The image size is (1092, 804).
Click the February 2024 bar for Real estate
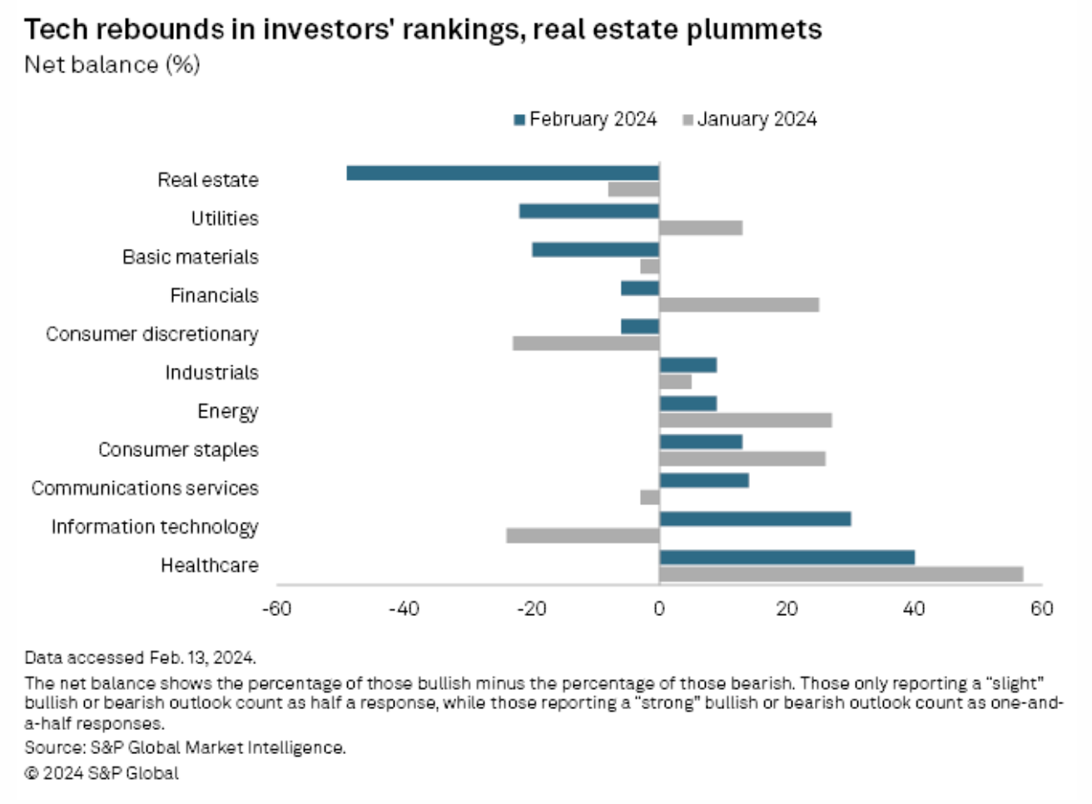503,173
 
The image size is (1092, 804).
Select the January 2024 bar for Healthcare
841,574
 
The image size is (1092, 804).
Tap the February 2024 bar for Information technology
755,519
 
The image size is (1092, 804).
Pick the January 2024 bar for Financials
739,305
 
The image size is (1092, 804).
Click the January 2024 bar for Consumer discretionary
586,343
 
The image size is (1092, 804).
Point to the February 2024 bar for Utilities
589,211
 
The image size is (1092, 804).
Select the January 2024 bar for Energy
746,420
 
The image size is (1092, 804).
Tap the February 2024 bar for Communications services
704,480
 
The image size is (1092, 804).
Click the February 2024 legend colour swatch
520,120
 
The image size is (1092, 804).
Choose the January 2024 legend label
757,119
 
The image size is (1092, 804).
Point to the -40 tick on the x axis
404,608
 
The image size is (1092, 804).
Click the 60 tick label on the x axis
1041,608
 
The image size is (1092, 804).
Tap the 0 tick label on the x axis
659,608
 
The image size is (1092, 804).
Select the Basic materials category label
191,256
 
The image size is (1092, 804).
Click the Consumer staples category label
178,449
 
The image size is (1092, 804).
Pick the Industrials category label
211,372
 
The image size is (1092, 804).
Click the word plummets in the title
755,30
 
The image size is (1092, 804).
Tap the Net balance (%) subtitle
112,65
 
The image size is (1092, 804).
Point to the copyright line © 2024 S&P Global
102,773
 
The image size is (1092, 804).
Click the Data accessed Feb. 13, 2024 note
140,658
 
